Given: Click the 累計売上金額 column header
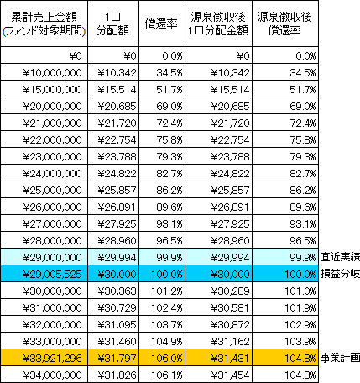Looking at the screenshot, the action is pos(44,24).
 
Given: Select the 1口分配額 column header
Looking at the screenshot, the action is pos(113,24).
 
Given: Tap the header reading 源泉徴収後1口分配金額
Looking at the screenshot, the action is pos(218,24).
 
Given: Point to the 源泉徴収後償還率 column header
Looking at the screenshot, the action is pos(284,24).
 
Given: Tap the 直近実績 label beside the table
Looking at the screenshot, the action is pos(340,257).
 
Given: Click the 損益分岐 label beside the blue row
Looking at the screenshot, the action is pos(340,274).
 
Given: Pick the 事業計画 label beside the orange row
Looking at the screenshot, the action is pos(340,358).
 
